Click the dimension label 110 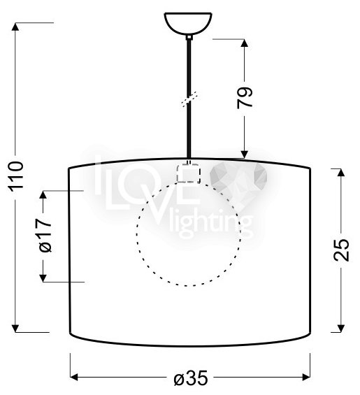(x=17, y=176)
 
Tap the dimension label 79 (x=245, y=97)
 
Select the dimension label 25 (x=341, y=250)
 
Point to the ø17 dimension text (x=45, y=236)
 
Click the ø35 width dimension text (x=191, y=378)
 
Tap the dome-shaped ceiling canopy (x=188, y=24)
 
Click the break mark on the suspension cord (x=189, y=99)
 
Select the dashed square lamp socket (x=189, y=173)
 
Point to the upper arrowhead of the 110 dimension (x=15, y=27)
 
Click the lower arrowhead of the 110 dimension (x=15, y=329)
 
